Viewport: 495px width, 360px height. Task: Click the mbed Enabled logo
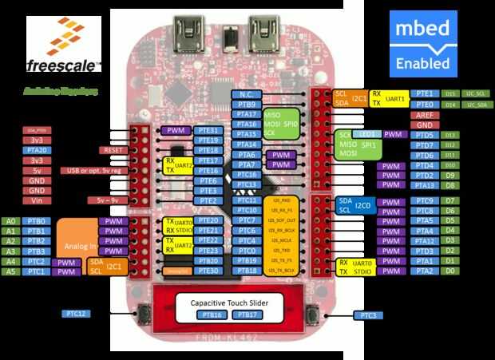tap(423, 43)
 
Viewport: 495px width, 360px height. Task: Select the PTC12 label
tap(77, 314)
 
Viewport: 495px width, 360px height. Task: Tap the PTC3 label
tap(369, 315)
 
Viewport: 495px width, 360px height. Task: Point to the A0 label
tap(10, 221)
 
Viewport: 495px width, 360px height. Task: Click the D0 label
tap(450, 271)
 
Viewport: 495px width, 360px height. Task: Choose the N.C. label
tap(246, 94)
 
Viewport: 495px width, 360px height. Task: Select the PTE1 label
tap(425, 94)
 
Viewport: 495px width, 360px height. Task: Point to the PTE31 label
tap(209, 130)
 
